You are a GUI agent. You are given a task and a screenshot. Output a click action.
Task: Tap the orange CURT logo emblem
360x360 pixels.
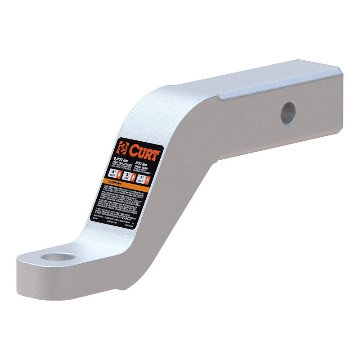pos(122,148)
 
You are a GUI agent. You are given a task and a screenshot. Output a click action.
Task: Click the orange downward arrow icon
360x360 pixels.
pos(119,175)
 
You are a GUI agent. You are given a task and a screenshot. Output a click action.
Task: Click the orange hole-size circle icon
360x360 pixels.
pos(148,180)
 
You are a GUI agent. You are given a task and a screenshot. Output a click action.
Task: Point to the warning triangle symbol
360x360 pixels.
pos(107,181)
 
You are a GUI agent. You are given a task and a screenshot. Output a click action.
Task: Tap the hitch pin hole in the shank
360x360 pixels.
pos(288,112)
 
